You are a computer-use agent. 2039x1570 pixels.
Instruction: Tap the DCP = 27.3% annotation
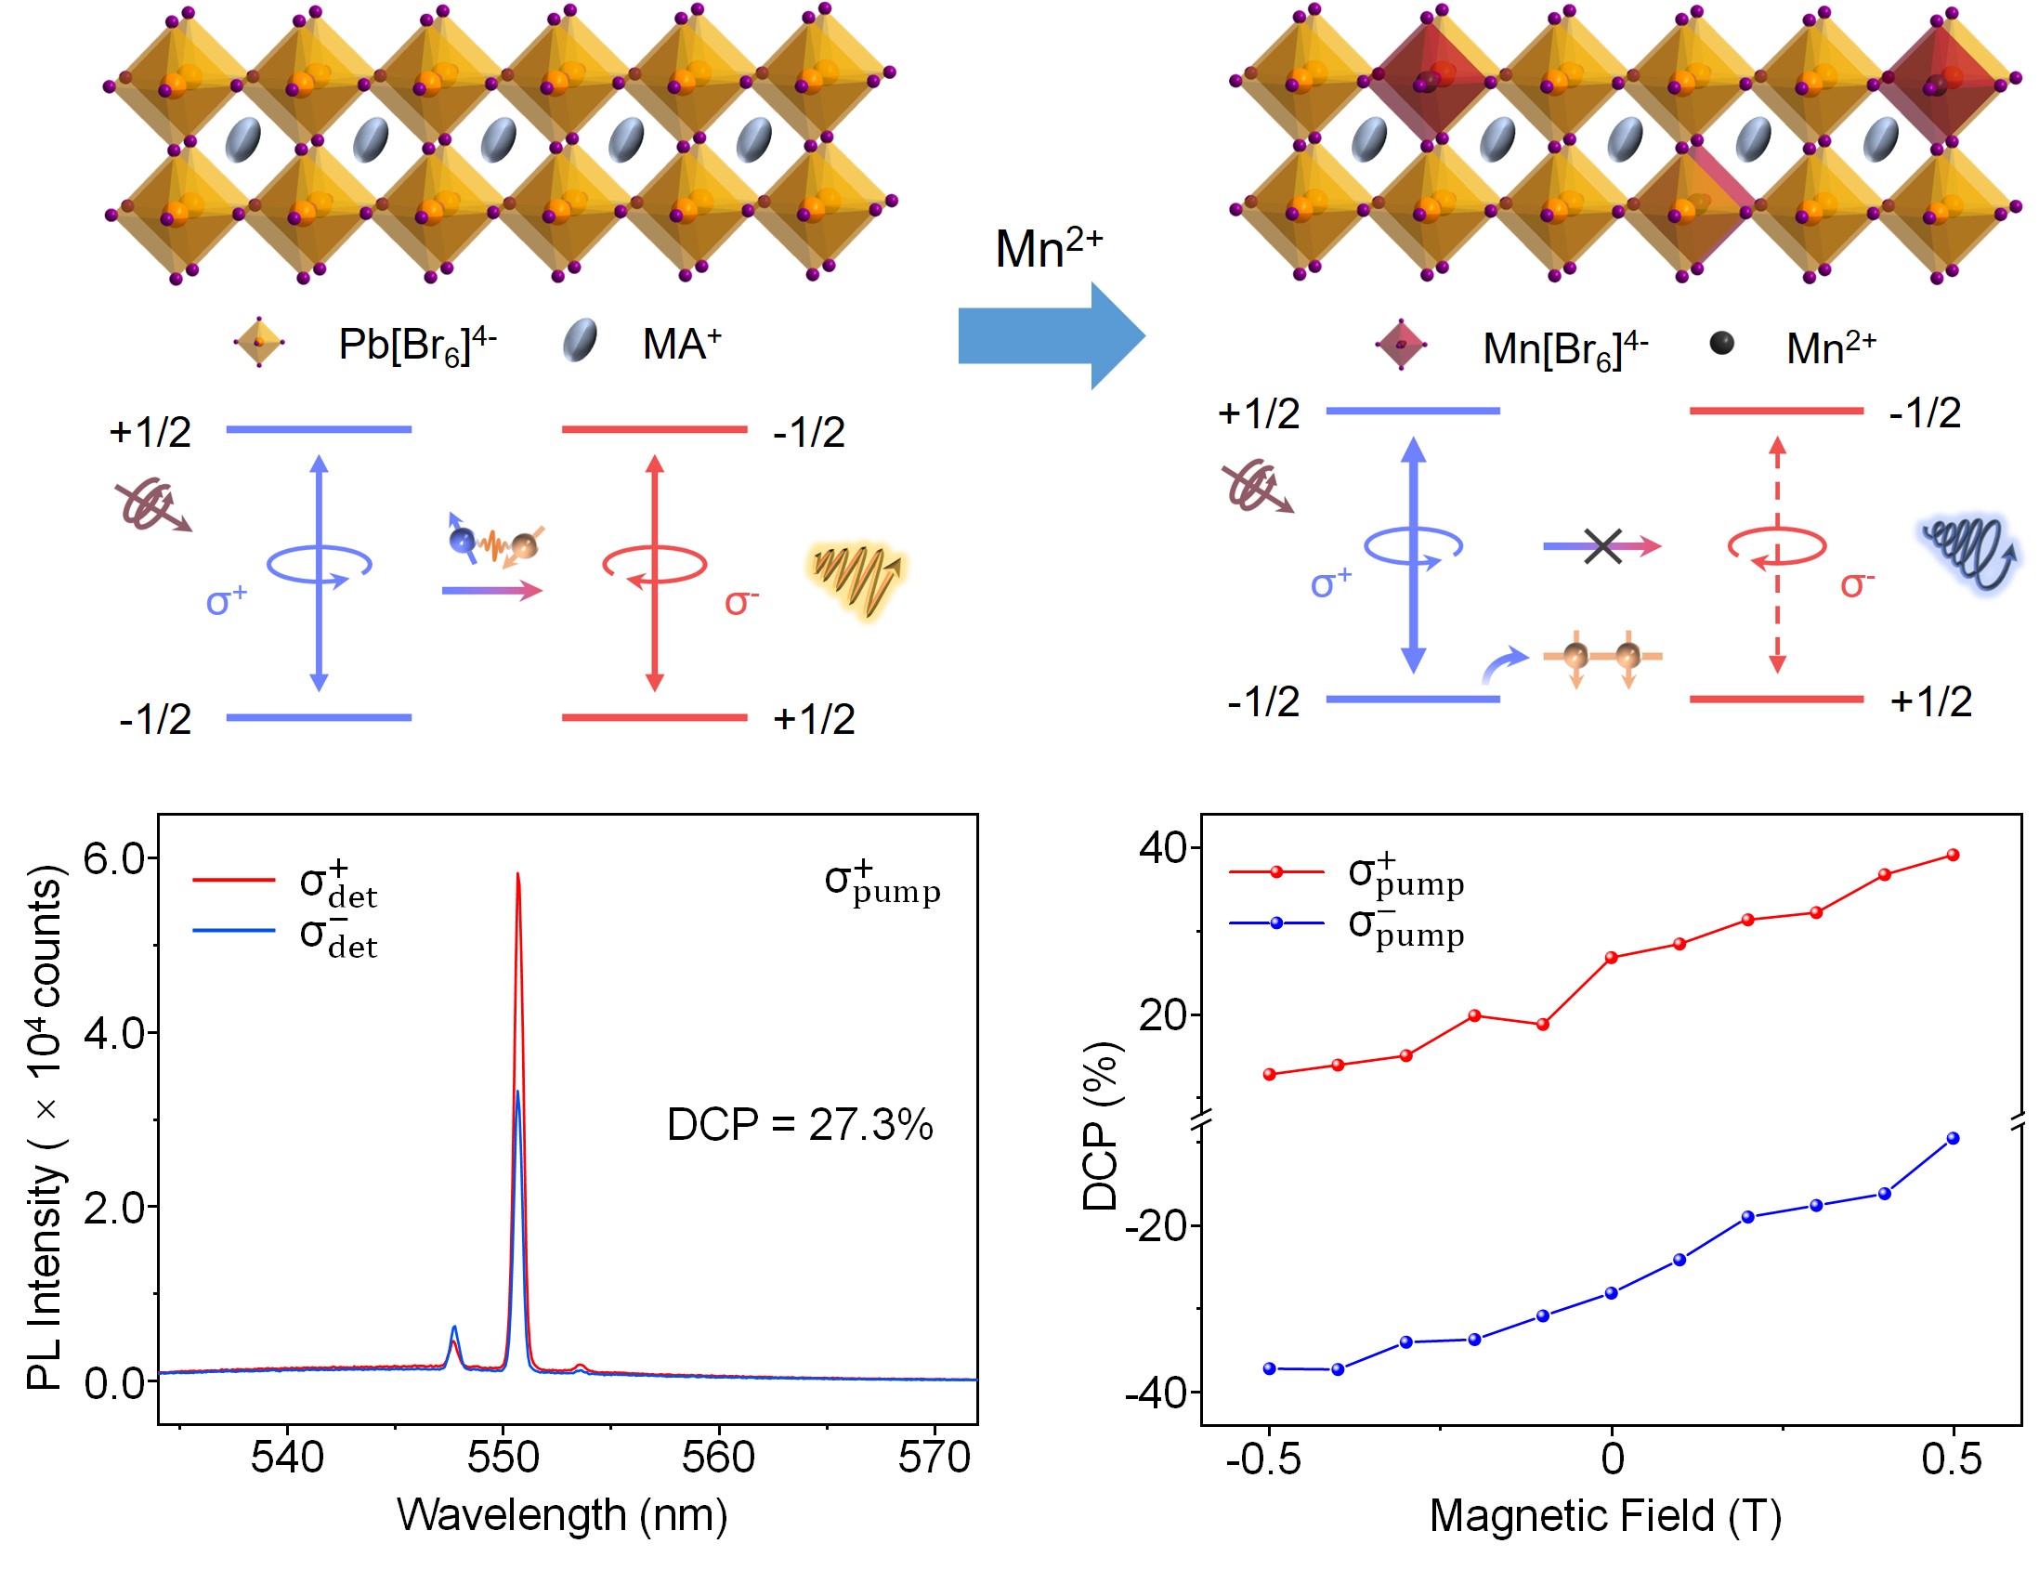tap(799, 1124)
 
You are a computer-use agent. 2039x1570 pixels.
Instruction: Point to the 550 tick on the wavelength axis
tap(503, 1457)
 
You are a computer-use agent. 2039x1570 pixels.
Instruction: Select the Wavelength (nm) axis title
tap(562, 1514)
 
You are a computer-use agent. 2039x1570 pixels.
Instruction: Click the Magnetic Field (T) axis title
tap(1605, 1515)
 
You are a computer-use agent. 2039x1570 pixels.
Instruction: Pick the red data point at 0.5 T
tap(1953, 855)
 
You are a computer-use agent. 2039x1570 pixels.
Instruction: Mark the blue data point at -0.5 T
tap(1270, 1368)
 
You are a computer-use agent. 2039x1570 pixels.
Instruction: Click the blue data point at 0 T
tap(1612, 1293)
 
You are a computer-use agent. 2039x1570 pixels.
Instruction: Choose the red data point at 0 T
tap(1612, 958)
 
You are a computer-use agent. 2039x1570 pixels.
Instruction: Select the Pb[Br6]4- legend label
tap(416, 345)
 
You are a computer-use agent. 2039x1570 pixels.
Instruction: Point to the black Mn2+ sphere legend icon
tap(1721, 344)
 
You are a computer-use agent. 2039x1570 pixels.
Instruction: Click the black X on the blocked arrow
tap(1603, 546)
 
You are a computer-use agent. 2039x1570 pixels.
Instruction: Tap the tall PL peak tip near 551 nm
tap(518, 875)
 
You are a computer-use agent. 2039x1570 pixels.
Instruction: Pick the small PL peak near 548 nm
tap(454, 1328)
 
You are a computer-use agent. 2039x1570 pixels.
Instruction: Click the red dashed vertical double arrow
tap(1778, 556)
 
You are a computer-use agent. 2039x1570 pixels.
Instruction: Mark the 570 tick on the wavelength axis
tap(935, 1457)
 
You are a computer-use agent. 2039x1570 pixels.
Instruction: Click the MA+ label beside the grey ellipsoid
tap(682, 345)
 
